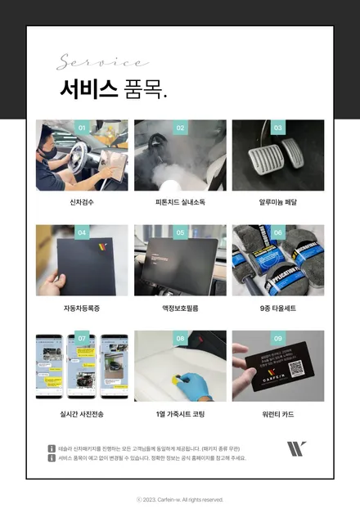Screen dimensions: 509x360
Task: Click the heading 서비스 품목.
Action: pyautogui.click(x=113, y=89)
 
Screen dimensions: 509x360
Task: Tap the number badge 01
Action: pyautogui.click(x=82, y=128)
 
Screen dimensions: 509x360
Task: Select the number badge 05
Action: pyautogui.click(x=180, y=232)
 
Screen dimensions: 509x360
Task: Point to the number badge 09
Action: pyautogui.click(x=278, y=338)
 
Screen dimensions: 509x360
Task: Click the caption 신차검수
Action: pyautogui.click(x=82, y=202)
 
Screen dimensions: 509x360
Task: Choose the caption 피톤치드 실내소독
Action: pyautogui.click(x=180, y=202)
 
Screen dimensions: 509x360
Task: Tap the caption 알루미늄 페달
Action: pyautogui.click(x=278, y=202)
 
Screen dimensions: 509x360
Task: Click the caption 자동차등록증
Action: pyautogui.click(x=82, y=309)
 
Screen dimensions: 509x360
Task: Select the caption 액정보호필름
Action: pyautogui.click(x=180, y=309)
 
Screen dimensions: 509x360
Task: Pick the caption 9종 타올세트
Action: pyautogui.click(x=278, y=309)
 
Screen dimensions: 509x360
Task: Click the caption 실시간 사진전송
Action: pyautogui.click(x=82, y=414)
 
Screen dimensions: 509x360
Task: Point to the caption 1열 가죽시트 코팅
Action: pyautogui.click(x=180, y=414)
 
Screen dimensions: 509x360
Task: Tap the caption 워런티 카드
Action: pyautogui.click(x=278, y=414)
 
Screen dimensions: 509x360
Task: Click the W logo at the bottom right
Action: pyautogui.click(x=297, y=448)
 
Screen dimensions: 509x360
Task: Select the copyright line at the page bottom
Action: pyautogui.click(x=180, y=499)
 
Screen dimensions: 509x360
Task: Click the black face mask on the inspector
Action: pyautogui.click(x=51, y=152)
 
